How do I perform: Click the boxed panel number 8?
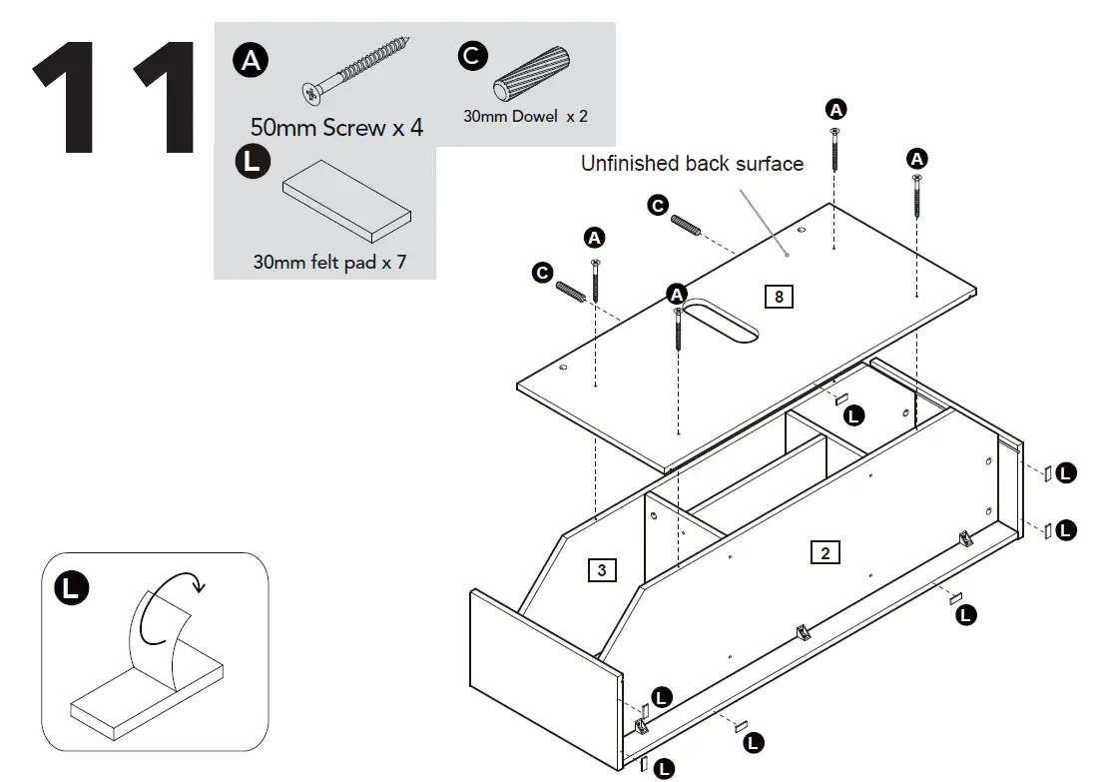(x=778, y=296)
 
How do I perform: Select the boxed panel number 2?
(x=824, y=552)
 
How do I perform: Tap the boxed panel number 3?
(x=601, y=570)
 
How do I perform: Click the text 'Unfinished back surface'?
(x=692, y=164)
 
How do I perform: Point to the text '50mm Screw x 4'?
(x=336, y=128)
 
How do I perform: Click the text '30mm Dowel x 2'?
(x=525, y=116)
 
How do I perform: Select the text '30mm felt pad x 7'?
(x=329, y=263)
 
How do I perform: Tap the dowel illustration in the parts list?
(x=533, y=76)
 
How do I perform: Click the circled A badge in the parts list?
(x=251, y=61)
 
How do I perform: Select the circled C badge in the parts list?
(x=472, y=55)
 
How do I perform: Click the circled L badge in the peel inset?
(x=70, y=587)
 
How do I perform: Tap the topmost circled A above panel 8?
(x=835, y=108)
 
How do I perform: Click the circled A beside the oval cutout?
(x=677, y=294)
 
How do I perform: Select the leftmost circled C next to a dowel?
(x=542, y=273)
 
